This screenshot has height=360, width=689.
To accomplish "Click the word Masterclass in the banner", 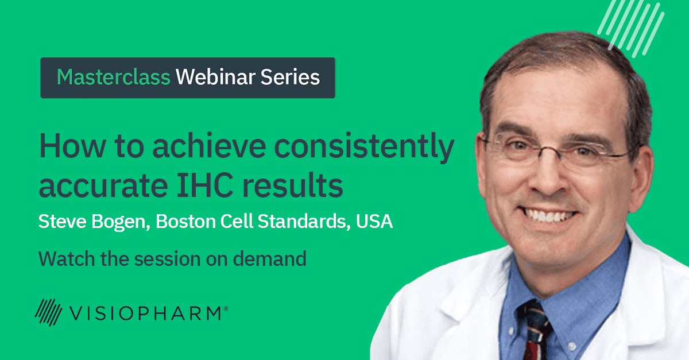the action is [x=114, y=77].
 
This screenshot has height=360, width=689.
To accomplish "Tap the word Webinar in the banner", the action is [x=215, y=77].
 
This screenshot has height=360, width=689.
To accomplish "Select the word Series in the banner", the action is [x=291, y=77].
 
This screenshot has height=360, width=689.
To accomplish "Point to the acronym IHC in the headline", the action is [x=205, y=185].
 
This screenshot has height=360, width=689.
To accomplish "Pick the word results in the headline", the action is [x=293, y=185].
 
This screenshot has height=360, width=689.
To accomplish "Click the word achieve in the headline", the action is [x=209, y=146].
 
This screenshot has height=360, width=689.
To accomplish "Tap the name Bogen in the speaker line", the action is [x=121, y=222].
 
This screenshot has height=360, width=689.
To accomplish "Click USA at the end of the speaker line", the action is [x=374, y=221].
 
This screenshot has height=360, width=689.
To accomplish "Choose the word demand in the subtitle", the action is [x=269, y=258].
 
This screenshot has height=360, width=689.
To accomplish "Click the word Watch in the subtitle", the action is [x=67, y=258].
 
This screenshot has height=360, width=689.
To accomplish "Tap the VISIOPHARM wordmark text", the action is [x=145, y=313].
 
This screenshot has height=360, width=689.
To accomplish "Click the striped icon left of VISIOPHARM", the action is [x=48, y=312].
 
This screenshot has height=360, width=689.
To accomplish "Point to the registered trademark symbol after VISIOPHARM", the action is [x=226, y=309].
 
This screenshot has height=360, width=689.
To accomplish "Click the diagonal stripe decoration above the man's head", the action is [x=630, y=28].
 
